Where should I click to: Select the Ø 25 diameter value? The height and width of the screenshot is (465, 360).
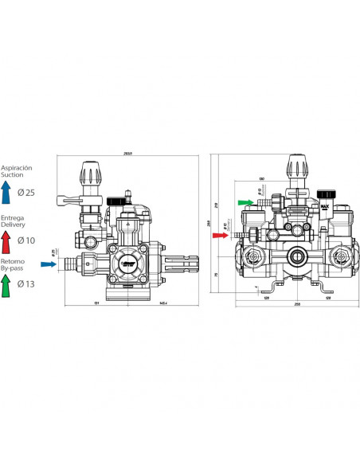(25, 193)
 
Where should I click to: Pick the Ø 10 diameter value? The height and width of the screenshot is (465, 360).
(25, 239)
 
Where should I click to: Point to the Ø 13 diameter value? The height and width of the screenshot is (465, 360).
(25, 283)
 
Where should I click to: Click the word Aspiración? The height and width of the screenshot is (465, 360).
(16, 168)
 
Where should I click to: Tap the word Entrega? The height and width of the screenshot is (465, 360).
(12, 217)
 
